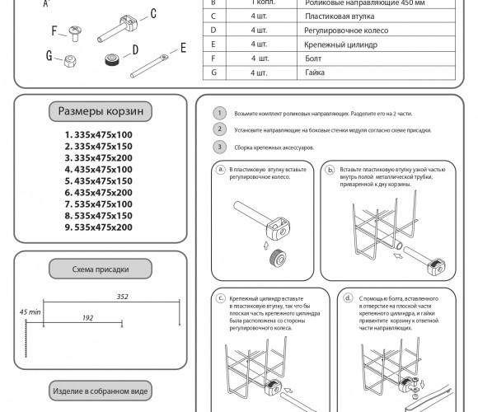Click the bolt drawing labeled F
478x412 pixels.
click(75, 33)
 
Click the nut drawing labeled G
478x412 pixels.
click(70, 61)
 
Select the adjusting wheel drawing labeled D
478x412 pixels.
click(112, 59)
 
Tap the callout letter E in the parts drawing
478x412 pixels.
click(183, 48)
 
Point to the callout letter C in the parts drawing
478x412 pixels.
click(153, 13)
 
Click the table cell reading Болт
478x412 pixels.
click(313, 59)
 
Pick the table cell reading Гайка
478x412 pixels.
click(315, 73)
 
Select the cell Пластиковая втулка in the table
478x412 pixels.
click(340, 16)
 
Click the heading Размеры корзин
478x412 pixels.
click(101, 111)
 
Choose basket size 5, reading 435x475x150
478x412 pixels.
click(98, 181)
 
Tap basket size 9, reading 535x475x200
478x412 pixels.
click(98, 227)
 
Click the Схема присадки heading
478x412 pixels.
click(101, 269)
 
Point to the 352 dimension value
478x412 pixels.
click(123, 297)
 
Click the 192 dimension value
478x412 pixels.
click(88, 318)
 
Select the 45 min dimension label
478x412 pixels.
click(30, 312)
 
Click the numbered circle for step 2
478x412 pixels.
click(219, 129)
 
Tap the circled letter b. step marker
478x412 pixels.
click(330, 170)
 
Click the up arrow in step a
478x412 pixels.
click(266, 246)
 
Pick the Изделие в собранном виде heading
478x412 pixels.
click(101, 391)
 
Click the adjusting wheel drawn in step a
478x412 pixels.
click(278, 258)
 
